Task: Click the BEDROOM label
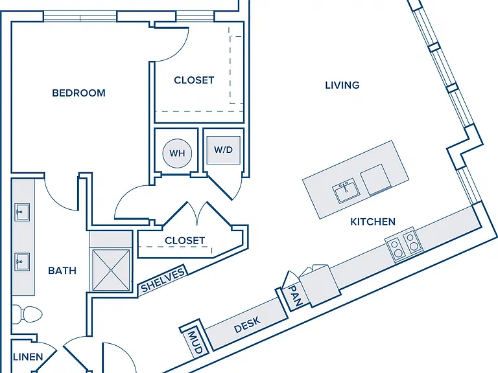click(x=78, y=93)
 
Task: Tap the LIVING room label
click(x=342, y=85)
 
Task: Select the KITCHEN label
click(x=373, y=221)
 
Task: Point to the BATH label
click(x=62, y=271)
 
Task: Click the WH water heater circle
click(x=177, y=153)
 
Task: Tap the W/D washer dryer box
click(x=223, y=150)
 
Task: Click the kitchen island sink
click(x=346, y=190)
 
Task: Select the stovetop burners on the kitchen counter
click(x=404, y=245)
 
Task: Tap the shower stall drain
click(x=111, y=270)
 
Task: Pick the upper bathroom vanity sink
click(x=22, y=212)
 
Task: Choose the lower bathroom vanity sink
click(x=22, y=262)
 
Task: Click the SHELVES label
click(x=163, y=280)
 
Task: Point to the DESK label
click(x=248, y=324)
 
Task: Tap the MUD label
click(x=194, y=342)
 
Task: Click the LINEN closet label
click(x=28, y=357)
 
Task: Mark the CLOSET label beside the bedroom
click(x=194, y=80)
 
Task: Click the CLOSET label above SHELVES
click(x=185, y=240)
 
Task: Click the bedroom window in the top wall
click(x=80, y=16)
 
